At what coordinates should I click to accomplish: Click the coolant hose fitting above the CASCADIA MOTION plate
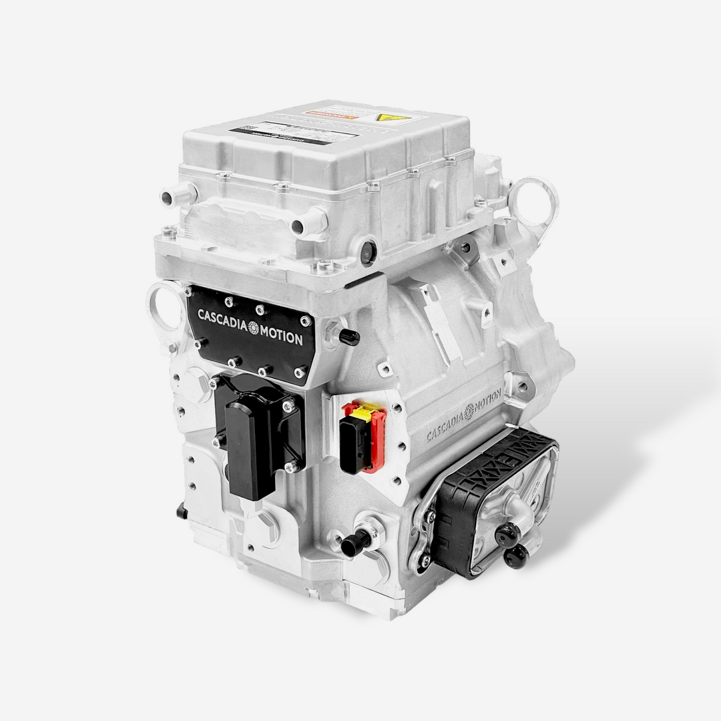click(x=309, y=222)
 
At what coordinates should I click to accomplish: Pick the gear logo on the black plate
click(x=252, y=327)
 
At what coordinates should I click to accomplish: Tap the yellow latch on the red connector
click(x=359, y=413)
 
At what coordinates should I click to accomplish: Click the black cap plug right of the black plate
click(x=348, y=337)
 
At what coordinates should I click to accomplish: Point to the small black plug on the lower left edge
click(x=181, y=512)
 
